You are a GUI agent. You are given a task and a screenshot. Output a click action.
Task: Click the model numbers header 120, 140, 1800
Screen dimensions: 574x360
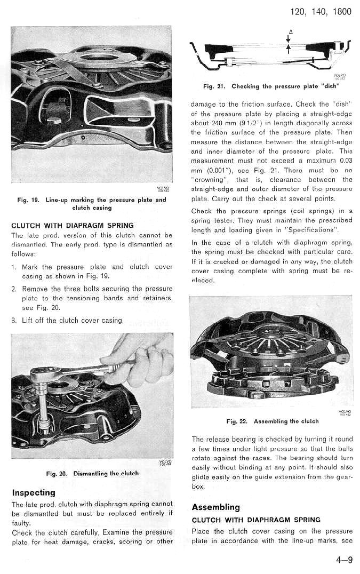pos(321,11)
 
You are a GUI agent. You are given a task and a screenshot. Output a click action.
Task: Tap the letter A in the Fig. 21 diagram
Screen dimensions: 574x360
pos(290,31)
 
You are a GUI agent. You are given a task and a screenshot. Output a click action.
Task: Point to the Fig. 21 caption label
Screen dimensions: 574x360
pos(214,86)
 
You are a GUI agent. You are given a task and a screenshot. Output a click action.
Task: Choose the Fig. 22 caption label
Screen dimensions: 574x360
pos(237,421)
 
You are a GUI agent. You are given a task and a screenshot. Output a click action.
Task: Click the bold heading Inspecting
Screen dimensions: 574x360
pos(33,492)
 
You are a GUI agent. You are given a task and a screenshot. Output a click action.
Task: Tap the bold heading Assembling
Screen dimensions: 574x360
pos(215,507)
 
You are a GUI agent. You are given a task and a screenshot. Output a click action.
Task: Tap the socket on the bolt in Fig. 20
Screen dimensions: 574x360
pos(43,421)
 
